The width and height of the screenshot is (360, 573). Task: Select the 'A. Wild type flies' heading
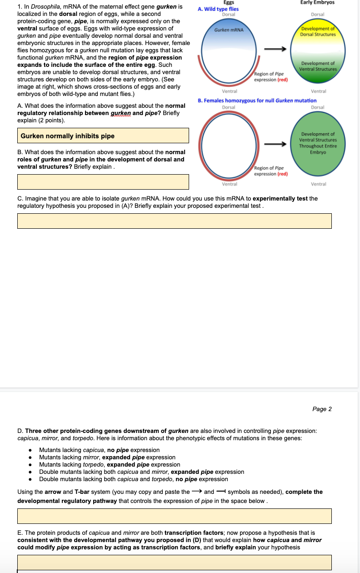pyautogui.click(x=219, y=9)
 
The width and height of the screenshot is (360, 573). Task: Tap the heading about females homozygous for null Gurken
pyautogui.click(x=257, y=101)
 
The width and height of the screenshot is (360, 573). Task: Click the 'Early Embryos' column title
pyautogui.click(x=317, y=2)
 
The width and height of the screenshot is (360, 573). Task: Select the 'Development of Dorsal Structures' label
pyautogui.click(x=318, y=32)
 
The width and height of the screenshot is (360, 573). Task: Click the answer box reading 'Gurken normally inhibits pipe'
pyautogui.click(x=103, y=136)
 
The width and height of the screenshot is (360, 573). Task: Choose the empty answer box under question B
pyautogui.click(x=103, y=181)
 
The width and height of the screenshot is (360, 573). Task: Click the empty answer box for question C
pyautogui.click(x=174, y=221)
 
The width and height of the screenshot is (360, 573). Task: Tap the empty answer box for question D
pyautogui.click(x=174, y=516)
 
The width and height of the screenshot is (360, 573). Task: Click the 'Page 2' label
pyautogui.click(x=322, y=409)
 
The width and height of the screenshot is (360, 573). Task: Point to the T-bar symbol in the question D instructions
pyautogui.click(x=221, y=492)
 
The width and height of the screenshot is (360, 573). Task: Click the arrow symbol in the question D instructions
pyautogui.click(x=196, y=492)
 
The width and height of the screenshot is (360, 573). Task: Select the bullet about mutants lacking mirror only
pyautogui.click(x=107, y=457)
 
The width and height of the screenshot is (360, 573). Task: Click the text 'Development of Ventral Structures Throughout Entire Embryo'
pyautogui.click(x=318, y=143)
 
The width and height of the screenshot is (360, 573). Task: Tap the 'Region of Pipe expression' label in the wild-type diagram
pyautogui.click(x=270, y=76)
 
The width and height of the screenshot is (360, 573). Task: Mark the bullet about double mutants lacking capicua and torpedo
pyautogui.click(x=134, y=479)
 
